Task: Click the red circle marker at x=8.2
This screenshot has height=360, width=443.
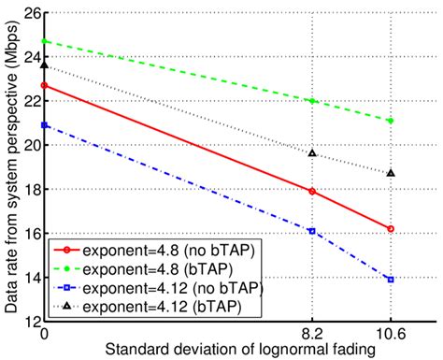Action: pos(312,191)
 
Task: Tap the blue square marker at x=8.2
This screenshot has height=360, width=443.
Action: pos(312,231)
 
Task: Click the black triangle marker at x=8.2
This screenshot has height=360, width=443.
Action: pos(312,152)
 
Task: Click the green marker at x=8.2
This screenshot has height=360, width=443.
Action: pos(312,101)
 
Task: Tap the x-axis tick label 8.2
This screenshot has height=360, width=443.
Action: pos(312,332)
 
